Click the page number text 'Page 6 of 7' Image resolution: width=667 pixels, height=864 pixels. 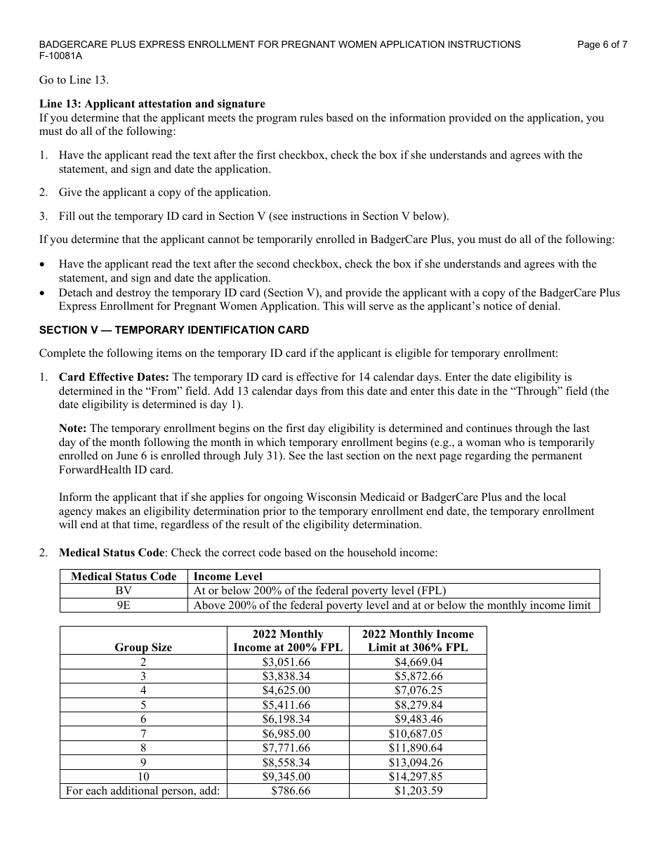click(602, 44)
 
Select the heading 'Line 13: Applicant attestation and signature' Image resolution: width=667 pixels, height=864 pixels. click(152, 104)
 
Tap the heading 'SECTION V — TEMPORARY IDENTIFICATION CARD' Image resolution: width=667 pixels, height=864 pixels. click(173, 330)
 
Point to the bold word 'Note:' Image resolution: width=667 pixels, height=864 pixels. click(73, 428)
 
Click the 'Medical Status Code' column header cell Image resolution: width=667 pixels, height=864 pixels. click(124, 577)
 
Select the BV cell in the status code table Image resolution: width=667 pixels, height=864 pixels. click(124, 591)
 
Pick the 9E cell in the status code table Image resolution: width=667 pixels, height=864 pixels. click(124, 605)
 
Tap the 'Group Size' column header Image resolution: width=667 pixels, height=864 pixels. click(143, 648)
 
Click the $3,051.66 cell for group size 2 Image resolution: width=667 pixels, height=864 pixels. click(286, 662)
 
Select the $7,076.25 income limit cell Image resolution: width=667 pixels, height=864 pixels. click(418, 690)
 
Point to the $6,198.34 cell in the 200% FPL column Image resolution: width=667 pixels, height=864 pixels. click(286, 719)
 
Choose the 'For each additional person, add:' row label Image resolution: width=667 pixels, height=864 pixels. click(143, 791)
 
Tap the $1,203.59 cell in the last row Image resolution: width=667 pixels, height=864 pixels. click(418, 791)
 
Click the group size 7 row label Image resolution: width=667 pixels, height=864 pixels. click(143, 733)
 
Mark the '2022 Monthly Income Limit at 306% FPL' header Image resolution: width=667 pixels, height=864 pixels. click(418, 641)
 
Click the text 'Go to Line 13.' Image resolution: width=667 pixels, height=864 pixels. click(74, 80)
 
